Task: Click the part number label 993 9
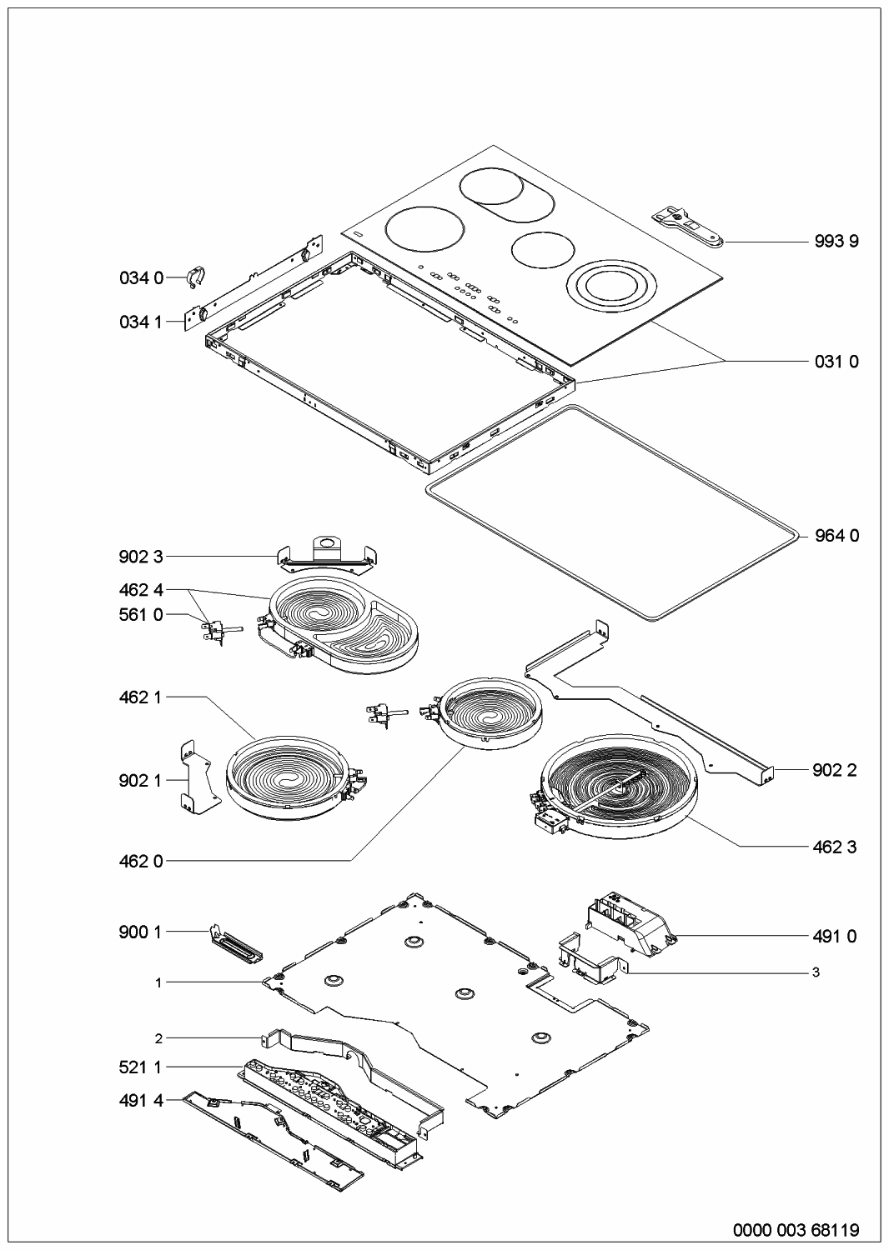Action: [836, 242]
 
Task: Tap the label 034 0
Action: [141, 278]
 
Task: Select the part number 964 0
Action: [836, 536]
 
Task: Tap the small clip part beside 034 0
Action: [195, 276]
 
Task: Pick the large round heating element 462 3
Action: [619, 786]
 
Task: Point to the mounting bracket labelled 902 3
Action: [327, 555]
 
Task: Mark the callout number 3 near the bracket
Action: [816, 972]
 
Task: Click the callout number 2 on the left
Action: [158, 1037]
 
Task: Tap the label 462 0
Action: [141, 861]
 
